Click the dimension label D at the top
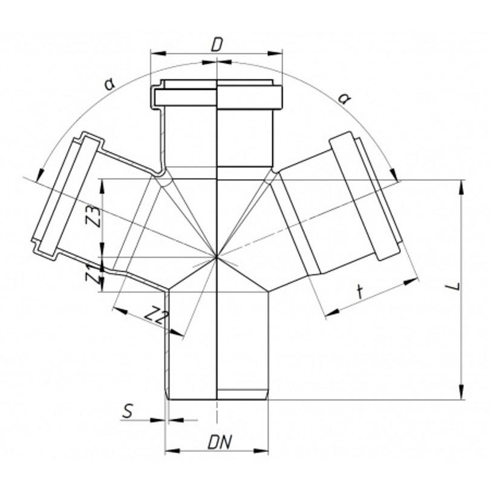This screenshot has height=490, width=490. coord(216,45)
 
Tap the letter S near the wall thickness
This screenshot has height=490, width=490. coord(128,411)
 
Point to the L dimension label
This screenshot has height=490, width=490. coord(457,286)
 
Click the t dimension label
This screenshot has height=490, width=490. coord(361,292)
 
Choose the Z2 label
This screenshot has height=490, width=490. coord(156,316)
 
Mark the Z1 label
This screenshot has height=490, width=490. coord(91,273)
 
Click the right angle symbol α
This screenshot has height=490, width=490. coord(344,99)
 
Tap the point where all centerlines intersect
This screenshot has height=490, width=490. coord(216,257)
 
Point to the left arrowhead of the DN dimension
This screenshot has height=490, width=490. coord(172,451)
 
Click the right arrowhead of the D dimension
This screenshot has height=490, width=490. coord(275,53)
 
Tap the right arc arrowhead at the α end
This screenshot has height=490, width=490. coord(394,174)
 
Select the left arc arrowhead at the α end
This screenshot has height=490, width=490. coord(40,174)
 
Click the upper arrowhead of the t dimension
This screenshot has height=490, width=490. coord(411,281)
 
